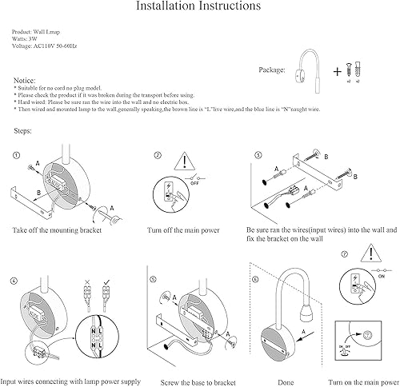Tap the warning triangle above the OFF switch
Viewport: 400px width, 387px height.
(185, 162)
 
